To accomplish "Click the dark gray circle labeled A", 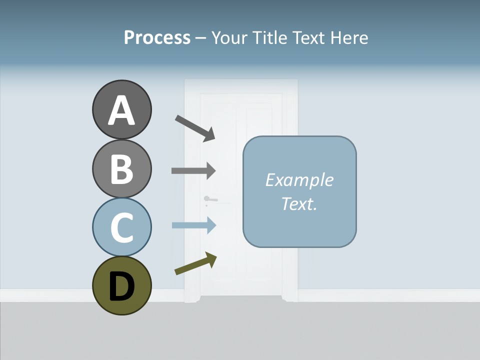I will tap(121, 109).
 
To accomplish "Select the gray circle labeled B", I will tap(121, 168).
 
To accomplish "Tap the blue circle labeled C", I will tap(121, 227).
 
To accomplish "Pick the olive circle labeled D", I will tap(121, 285).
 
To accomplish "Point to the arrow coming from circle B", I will tap(193, 170).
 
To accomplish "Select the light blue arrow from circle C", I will tap(193, 225).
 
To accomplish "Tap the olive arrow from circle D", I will tap(195, 263).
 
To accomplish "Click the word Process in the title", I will tap(157, 38).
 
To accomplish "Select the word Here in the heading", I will tap(350, 38).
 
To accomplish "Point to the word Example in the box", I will tap(299, 180).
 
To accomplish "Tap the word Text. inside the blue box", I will tap(299, 203).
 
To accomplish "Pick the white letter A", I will tap(121, 110).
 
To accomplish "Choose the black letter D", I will tap(121, 286).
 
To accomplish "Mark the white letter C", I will tap(121, 228).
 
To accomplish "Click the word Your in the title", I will tap(229, 38).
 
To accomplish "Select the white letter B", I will tap(121, 169).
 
